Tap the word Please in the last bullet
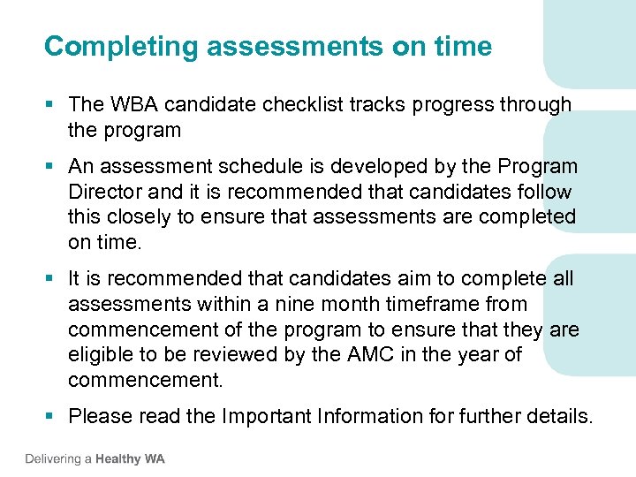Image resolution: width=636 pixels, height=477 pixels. (98, 416)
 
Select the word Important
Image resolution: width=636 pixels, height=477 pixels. (262, 416)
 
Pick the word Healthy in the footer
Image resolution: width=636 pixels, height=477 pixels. (117, 459)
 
